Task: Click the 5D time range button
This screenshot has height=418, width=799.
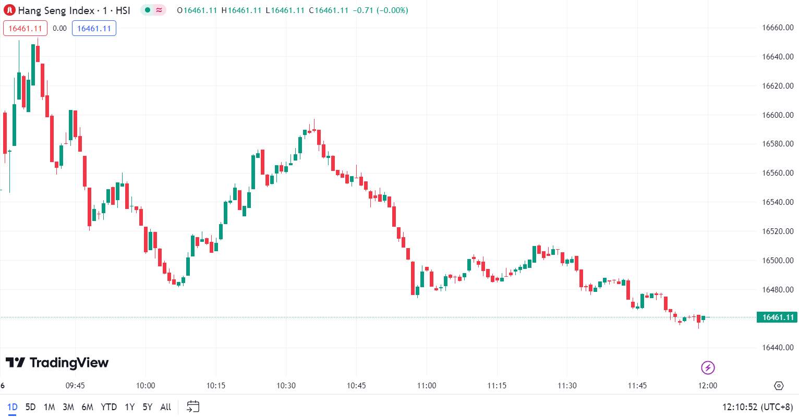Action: coord(30,407)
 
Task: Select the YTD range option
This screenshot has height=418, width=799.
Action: coord(109,407)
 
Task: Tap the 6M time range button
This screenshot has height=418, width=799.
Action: coord(88,407)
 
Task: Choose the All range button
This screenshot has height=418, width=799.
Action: coord(165,407)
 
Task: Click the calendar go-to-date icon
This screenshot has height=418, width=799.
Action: coord(193,407)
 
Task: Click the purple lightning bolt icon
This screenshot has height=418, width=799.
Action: coord(708,367)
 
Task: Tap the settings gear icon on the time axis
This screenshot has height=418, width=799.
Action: coord(779,386)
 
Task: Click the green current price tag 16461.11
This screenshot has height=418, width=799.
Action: coord(777,317)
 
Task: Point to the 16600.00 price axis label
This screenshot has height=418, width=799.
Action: coord(778,115)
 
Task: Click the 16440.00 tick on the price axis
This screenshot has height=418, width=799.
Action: coord(778,348)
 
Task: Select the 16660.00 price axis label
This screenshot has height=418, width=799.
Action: coord(778,28)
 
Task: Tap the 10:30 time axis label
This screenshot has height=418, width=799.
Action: coord(286,386)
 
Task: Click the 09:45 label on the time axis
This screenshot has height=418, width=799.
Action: coord(75,386)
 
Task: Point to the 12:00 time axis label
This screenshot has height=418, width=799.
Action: coord(708,386)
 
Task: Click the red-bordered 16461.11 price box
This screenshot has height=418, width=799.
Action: coord(26,29)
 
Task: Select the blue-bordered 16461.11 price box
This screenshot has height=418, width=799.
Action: coord(94,29)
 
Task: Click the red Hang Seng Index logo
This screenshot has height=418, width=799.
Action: coord(9,10)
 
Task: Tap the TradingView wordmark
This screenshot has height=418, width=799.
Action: coord(69,363)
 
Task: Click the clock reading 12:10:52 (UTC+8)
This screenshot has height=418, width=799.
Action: coord(757,407)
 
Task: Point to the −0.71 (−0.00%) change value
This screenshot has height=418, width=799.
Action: coord(381,10)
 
